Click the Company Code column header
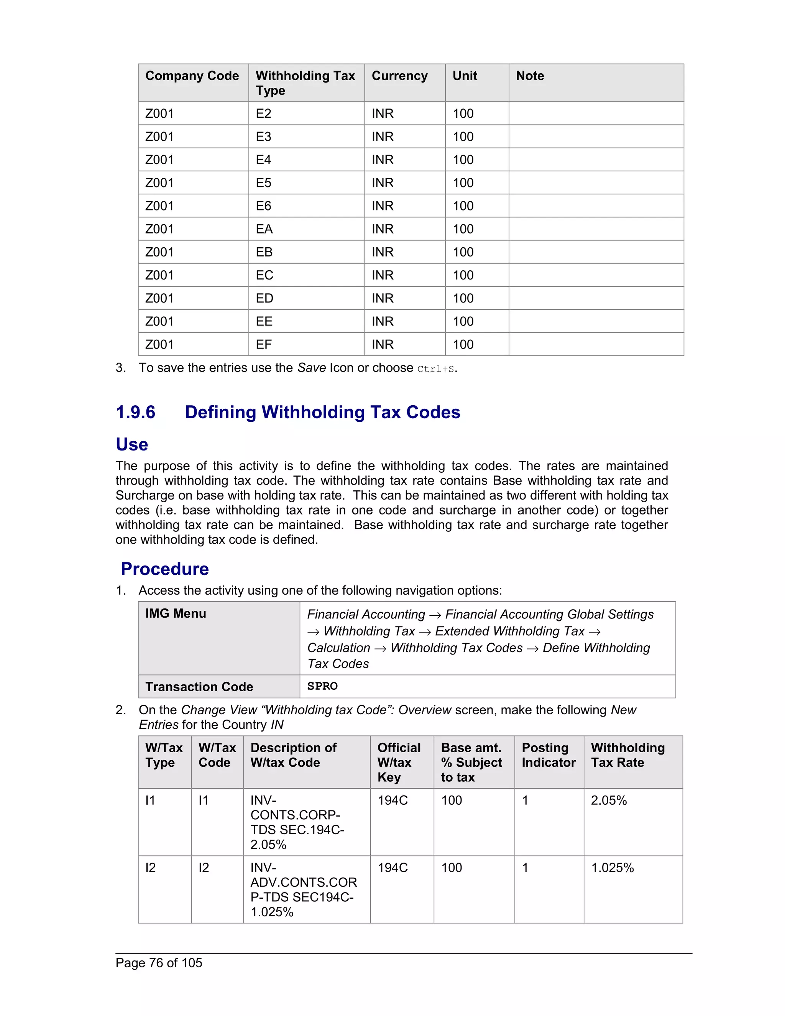tap(192, 76)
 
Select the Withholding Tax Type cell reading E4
tap(263, 159)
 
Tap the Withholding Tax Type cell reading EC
tap(264, 275)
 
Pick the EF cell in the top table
tap(263, 344)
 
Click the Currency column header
tap(399, 76)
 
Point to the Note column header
tap(530, 76)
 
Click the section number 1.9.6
tap(135, 412)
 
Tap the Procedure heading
tap(164, 569)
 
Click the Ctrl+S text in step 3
tap(436, 369)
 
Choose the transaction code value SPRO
tap(322, 686)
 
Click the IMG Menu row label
tap(175, 613)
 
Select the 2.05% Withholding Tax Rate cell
tap(609, 800)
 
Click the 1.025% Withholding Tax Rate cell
tap(612, 868)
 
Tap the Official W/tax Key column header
tap(399, 762)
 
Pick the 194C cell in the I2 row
tap(392, 868)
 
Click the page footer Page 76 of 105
tap(159, 962)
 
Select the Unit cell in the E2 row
tap(463, 113)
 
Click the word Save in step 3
tap(311, 368)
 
